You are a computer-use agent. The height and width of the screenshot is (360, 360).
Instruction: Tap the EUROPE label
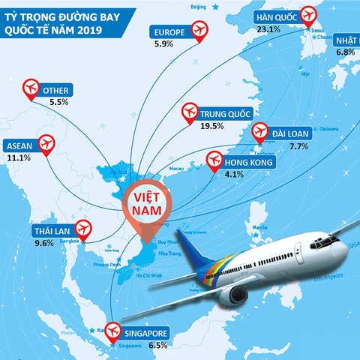pos(168,32)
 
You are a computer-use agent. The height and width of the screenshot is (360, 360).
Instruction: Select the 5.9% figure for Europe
pos(163,44)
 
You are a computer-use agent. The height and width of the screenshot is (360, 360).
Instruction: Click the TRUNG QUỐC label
pos(226,114)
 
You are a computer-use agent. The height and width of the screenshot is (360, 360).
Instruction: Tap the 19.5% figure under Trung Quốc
pos(213,126)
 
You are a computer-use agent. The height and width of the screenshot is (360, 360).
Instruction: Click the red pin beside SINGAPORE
pos(113,330)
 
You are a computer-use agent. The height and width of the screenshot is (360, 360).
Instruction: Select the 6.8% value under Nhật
pos(345,52)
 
